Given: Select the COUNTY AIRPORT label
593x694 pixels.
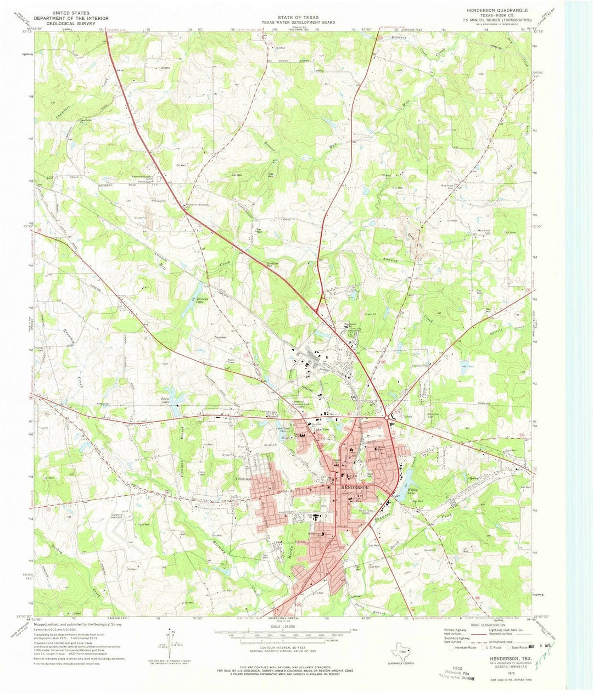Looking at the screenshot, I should click(x=117, y=516).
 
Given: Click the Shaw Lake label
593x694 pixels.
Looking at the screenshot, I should click(x=164, y=401).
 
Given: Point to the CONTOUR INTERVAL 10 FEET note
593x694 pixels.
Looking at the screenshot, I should click(x=284, y=648).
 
